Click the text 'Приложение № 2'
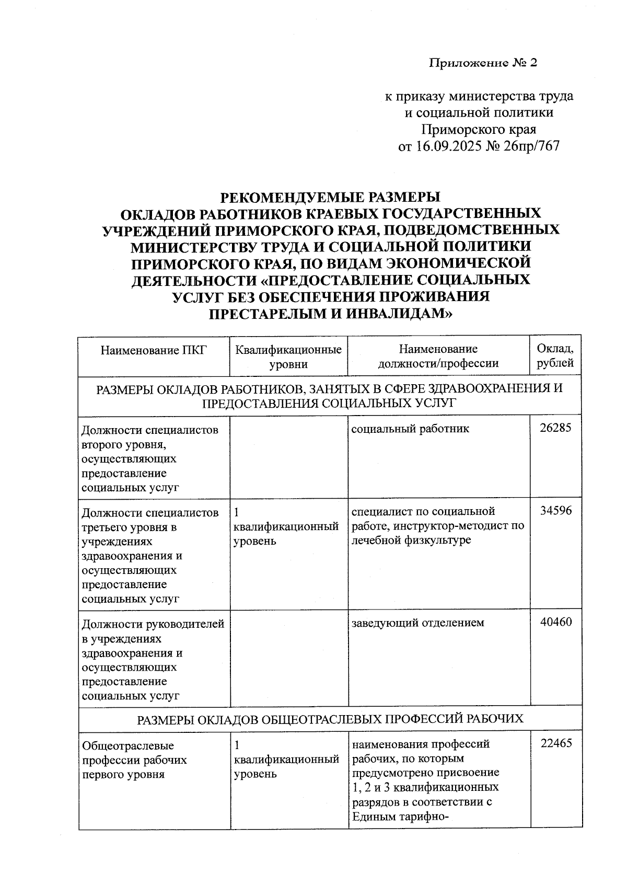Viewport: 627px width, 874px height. [483, 63]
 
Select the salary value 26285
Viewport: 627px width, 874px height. [555, 428]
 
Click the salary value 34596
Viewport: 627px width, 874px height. [555, 511]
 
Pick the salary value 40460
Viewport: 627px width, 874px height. [555, 622]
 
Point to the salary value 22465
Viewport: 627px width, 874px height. [555, 743]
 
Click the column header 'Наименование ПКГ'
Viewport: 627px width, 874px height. [154, 350]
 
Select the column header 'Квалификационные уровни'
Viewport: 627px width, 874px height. [288, 356]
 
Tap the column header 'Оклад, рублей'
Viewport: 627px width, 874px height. [555, 356]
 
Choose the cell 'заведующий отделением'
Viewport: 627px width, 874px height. [417, 623]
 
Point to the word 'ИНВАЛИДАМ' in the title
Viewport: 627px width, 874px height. [394, 314]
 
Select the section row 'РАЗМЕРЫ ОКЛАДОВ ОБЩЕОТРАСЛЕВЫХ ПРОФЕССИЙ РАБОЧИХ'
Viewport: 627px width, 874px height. [330, 719]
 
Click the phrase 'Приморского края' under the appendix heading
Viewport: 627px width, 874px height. [479, 129]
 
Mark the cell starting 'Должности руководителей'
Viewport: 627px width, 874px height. [154, 660]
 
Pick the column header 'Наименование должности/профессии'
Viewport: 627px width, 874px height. [438, 356]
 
